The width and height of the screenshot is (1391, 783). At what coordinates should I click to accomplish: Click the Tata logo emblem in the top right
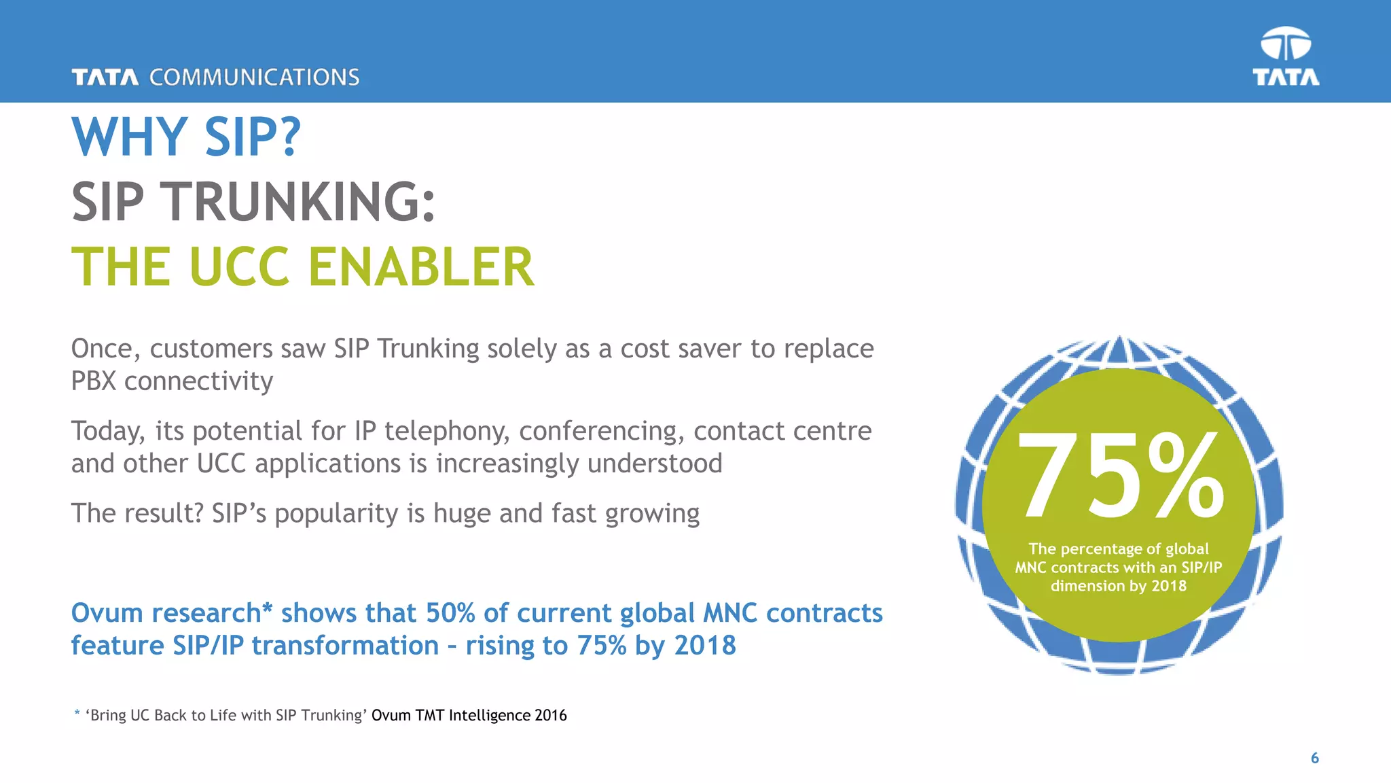pos(1286,45)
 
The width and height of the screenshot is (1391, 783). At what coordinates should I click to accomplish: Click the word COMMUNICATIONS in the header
pos(254,77)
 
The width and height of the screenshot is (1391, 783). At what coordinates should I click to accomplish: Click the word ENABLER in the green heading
pos(421,266)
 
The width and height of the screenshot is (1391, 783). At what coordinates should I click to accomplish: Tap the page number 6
pos(1315,758)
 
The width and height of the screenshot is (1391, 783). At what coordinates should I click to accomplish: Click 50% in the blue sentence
pos(450,613)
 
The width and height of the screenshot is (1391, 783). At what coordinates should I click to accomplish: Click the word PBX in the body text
pos(94,381)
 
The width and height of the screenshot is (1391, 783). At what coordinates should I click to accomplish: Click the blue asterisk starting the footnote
pos(77,713)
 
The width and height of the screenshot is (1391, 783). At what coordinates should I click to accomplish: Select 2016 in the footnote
pos(550,715)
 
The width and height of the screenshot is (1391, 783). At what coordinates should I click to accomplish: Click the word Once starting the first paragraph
pos(105,349)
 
